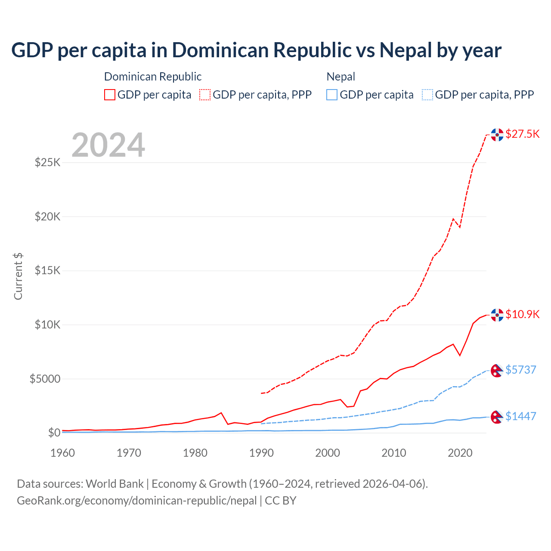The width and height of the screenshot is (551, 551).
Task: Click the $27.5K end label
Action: [x=522, y=134]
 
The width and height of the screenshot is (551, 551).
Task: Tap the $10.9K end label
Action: [x=522, y=314]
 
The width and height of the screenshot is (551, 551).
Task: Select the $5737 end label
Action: [x=520, y=370]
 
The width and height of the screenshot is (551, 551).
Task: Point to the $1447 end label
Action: [x=520, y=416]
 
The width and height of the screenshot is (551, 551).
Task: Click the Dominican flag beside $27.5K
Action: [x=497, y=135]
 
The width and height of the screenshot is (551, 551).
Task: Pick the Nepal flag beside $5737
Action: [x=497, y=370]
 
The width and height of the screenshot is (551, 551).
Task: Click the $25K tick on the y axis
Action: [x=48, y=163]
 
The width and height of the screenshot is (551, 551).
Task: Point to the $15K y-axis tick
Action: [x=48, y=271]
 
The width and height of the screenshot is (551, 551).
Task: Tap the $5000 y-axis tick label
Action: [x=45, y=379]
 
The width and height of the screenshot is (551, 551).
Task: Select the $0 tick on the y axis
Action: [x=54, y=433]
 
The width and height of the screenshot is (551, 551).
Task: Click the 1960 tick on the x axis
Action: [x=63, y=453]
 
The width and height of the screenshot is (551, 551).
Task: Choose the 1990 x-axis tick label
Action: [x=261, y=453]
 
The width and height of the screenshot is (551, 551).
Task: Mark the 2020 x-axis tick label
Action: [x=460, y=453]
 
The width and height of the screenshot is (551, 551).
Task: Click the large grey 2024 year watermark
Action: [x=108, y=145]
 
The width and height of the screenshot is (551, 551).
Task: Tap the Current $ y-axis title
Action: [x=18, y=276]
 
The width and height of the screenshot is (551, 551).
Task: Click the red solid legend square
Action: [x=110, y=95]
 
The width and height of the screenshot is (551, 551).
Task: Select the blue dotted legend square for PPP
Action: [x=427, y=95]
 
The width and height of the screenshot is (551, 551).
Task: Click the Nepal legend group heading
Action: [x=341, y=77]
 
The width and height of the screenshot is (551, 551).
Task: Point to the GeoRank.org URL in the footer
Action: [x=136, y=501]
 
